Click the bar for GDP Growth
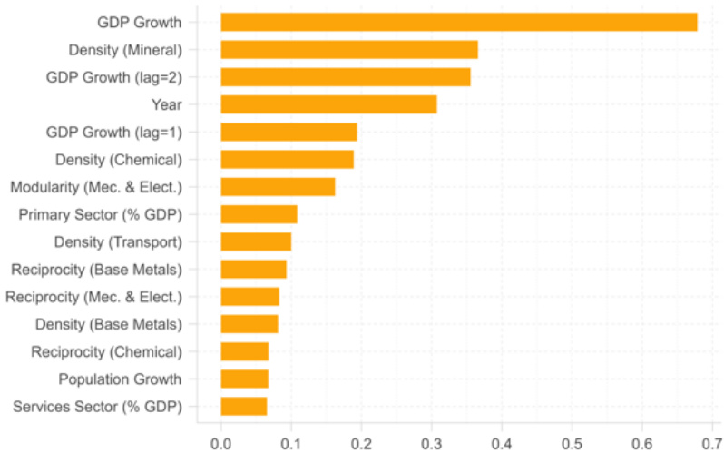pyautogui.click(x=458, y=23)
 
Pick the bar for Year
pyautogui.click(x=328, y=104)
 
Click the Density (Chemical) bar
pyautogui.click(x=287, y=160)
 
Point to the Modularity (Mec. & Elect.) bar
pyautogui.click(x=278, y=187)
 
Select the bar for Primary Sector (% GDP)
pyautogui.click(x=259, y=214)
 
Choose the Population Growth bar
pyautogui.click(x=244, y=379)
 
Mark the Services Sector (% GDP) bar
pyautogui.click(x=243, y=406)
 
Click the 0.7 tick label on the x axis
pyautogui.click(x=711, y=445)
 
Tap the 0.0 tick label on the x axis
pyautogui.click(x=220, y=445)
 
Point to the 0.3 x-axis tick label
pyautogui.click(x=431, y=445)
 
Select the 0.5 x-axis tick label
pyautogui.click(x=572, y=445)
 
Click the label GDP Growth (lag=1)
pyautogui.click(x=114, y=133)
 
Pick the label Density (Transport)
pyautogui.click(x=118, y=242)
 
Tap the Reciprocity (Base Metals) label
pyautogui.click(x=96, y=270)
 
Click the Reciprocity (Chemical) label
pyautogui.click(x=106, y=351)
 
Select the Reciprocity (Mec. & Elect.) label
pyautogui.click(x=94, y=297)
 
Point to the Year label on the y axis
pyautogui.click(x=167, y=104)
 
